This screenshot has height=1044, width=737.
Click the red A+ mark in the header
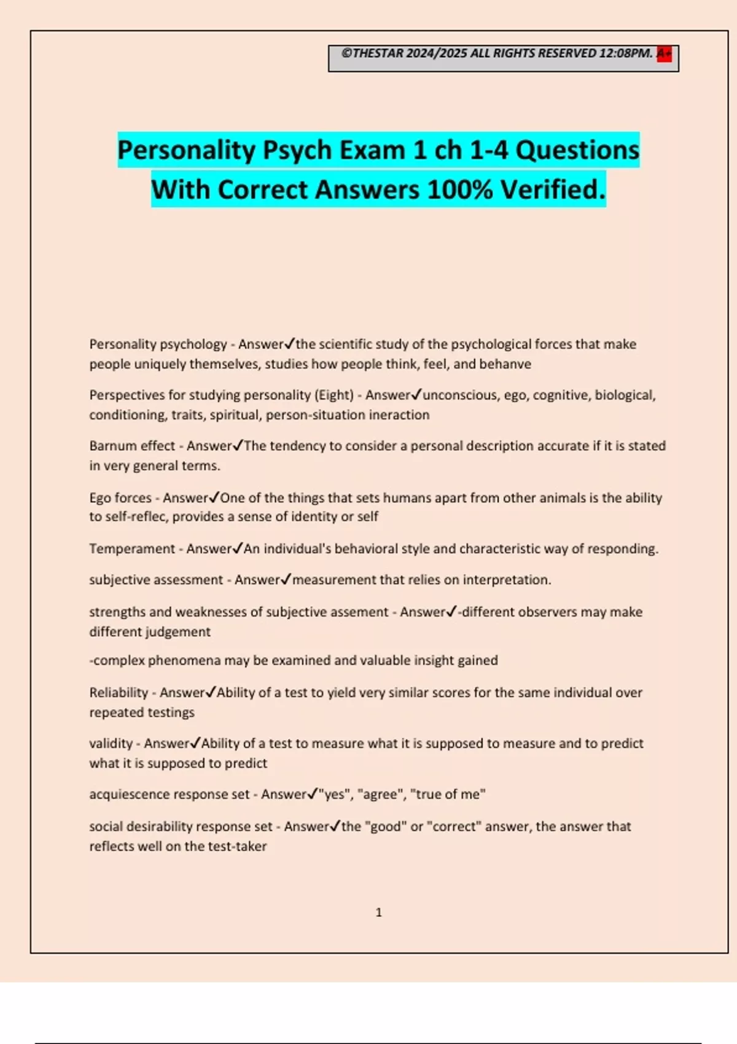pyautogui.click(x=664, y=54)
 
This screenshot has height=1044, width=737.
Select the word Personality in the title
pyautogui.click(x=186, y=150)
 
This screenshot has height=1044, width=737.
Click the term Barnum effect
pyautogui.click(x=132, y=446)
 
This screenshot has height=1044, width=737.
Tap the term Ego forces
pyautogui.click(x=120, y=498)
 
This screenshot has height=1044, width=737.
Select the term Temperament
pyautogui.click(x=132, y=549)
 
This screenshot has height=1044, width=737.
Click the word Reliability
pyautogui.click(x=119, y=693)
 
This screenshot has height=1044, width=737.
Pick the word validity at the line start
pyautogui.click(x=111, y=744)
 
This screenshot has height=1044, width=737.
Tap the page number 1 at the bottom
pyautogui.click(x=378, y=913)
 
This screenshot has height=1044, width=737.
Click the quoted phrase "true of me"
pyautogui.click(x=448, y=795)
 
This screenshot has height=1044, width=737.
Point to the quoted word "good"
pyautogui.click(x=385, y=827)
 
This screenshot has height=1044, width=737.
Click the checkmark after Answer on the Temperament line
pyautogui.click(x=238, y=548)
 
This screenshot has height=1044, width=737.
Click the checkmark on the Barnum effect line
pyautogui.click(x=238, y=445)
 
